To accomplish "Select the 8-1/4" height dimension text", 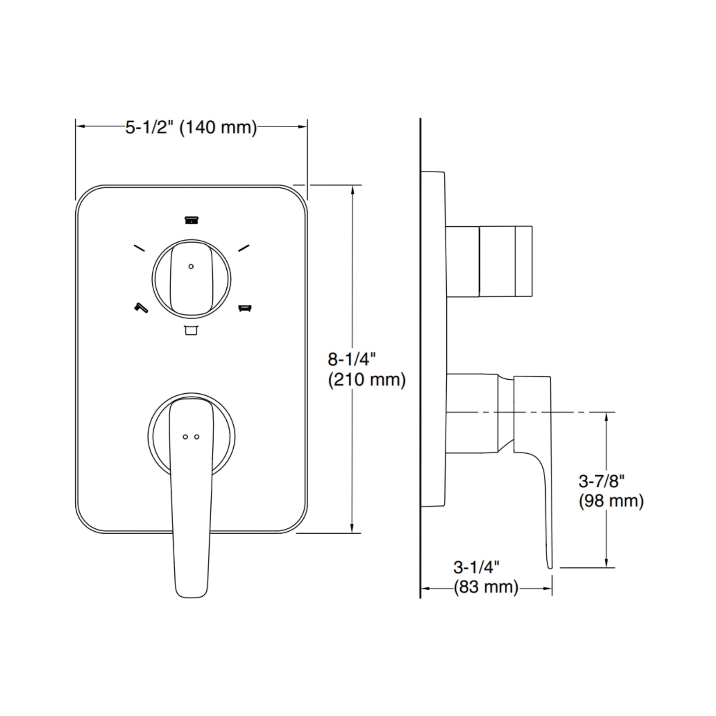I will (x=351, y=359).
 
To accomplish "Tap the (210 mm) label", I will (x=366, y=380).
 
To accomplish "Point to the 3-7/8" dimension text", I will (x=602, y=481).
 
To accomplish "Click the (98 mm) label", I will (x=611, y=501).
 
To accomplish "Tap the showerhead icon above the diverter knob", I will (x=192, y=220).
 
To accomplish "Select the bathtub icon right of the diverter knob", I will (x=245, y=308).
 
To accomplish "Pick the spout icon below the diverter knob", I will (x=191, y=330).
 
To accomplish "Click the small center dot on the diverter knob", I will (x=191, y=266).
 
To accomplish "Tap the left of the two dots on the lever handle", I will (x=185, y=437).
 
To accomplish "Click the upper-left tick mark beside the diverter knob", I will (x=139, y=248).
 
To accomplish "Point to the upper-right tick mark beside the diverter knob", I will (x=244, y=248).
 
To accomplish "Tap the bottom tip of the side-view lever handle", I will (x=550, y=566).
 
